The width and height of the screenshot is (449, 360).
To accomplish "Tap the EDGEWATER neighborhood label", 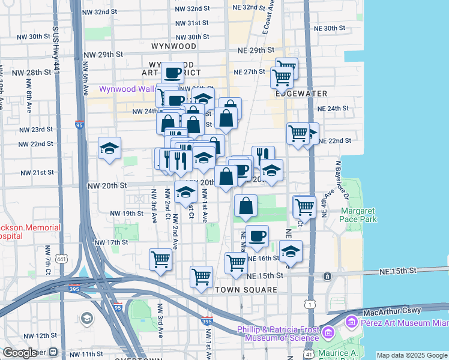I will (301, 94).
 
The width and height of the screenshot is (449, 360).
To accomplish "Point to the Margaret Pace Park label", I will (359, 215).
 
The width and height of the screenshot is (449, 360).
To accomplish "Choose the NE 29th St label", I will (256, 50).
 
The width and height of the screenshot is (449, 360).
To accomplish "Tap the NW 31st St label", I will (191, 23).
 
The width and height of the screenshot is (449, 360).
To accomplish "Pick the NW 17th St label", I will (111, 242).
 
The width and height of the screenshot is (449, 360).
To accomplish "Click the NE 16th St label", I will (264, 258).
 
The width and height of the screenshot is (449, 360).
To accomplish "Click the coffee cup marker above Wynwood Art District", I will (172, 73).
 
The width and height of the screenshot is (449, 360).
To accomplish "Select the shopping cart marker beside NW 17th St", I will (160, 260).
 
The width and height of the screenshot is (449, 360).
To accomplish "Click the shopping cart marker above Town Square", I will (201, 277).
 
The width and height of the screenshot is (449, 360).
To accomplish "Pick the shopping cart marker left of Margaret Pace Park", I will (304, 207).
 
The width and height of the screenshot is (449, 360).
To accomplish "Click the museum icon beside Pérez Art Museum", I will (351, 324).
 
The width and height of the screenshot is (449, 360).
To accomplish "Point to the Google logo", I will (20, 353).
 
